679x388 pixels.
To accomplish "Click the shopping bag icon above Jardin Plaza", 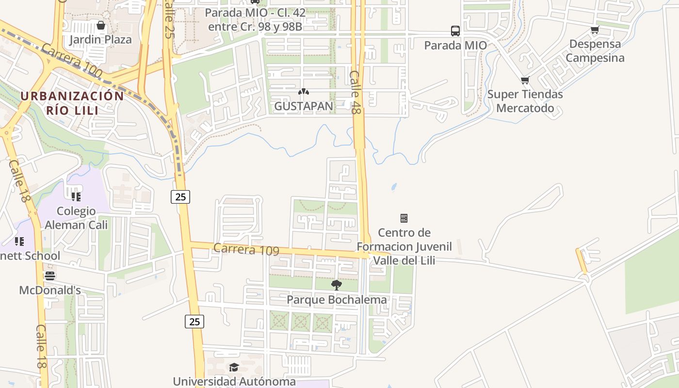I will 101,25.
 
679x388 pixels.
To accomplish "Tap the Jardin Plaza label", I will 100,39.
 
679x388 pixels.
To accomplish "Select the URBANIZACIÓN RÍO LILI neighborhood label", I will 72,103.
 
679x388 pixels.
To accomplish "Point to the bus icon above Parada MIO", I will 455,31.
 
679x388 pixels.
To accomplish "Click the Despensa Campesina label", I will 595,51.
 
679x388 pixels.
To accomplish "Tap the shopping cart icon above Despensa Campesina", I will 595,30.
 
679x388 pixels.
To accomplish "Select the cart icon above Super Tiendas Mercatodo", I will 525,81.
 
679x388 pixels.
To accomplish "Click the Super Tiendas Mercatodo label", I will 525,101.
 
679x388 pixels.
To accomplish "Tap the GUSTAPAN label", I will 304,106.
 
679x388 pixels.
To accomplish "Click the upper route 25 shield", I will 180,196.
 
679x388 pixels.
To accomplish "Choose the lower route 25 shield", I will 194,321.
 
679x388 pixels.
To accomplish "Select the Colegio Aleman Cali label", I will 76,218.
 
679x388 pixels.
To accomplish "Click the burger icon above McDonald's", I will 50,276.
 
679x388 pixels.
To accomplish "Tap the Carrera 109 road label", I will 246,249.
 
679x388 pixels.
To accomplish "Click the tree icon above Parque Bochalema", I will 336,285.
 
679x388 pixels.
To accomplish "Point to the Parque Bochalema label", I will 337,300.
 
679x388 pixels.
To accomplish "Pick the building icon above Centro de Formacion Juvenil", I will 404,218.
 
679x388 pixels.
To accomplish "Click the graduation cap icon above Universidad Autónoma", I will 234,367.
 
